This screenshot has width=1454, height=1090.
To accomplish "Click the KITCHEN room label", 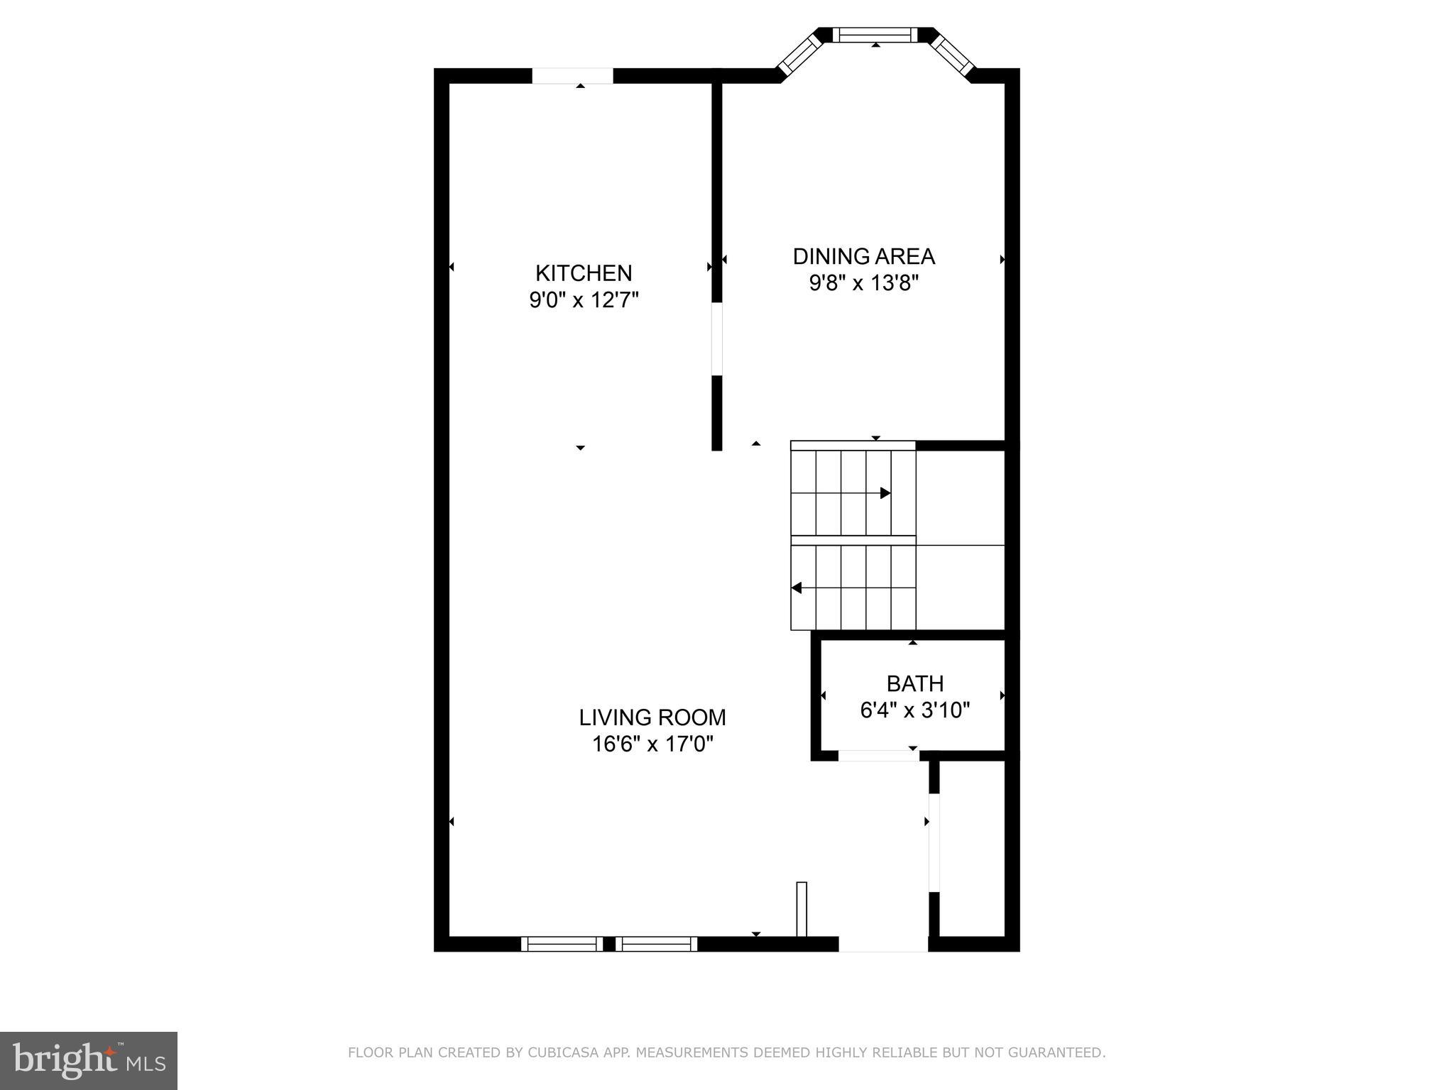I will (584, 273).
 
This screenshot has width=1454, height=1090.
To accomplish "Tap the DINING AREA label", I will (863, 256).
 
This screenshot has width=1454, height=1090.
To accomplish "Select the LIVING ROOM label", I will (652, 717).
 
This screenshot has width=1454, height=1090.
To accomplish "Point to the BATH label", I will (915, 683).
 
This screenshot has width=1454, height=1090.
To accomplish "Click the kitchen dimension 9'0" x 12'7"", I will (584, 300).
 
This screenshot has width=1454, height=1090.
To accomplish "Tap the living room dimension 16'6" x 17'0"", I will (652, 744).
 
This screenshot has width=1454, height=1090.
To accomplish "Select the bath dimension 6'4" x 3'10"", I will (915, 710).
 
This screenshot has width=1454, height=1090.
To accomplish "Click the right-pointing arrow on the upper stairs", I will (885, 492).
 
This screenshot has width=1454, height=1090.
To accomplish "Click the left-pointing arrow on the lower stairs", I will (797, 588).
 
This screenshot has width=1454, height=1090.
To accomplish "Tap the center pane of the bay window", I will (875, 34).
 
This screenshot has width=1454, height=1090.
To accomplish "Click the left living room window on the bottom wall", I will (562, 944).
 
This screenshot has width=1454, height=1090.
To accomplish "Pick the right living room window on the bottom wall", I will (656, 944).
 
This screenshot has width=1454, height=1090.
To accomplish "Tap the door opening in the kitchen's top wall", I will (572, 76).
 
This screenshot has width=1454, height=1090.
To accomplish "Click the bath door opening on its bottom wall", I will (878, 756).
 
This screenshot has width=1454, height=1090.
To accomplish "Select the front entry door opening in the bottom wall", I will (883, 945).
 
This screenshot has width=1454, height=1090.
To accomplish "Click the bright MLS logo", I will (89, 1060).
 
